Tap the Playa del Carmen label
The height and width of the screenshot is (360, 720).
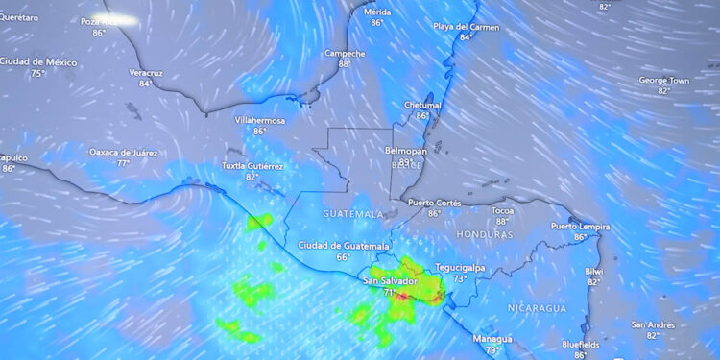(x=467, y=27)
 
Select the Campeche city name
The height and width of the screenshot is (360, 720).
(x=345, y=53)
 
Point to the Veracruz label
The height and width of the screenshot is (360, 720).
(x=145, y=72)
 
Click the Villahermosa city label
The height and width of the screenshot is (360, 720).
(x=260, y=120)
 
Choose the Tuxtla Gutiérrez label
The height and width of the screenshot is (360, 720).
(x=252, y=165)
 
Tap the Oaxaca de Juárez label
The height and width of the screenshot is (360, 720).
(x=124, y=152)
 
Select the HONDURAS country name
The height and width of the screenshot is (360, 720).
(x=485, y=234)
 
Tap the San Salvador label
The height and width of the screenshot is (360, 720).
(x=390, y=281)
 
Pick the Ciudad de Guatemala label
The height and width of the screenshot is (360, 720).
(x=343, y=246)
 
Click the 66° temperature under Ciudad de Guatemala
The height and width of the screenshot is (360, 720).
(x=343, y=257)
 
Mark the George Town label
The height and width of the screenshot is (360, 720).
(x=664, y=81)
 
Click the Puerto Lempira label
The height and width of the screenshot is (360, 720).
(x=580, y=226)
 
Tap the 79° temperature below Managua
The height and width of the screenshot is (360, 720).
(x=492, y=350)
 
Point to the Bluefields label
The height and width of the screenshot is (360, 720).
(x=581, y=344)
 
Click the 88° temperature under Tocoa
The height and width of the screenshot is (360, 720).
(x=502, y=222)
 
